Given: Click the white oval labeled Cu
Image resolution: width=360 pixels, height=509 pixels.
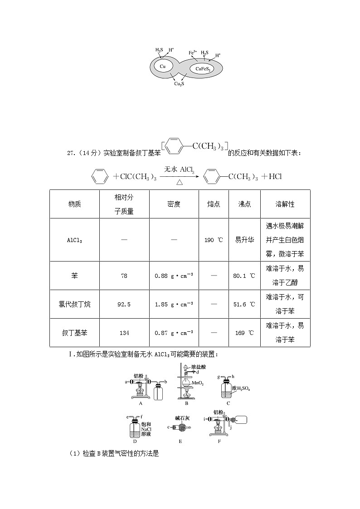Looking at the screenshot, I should tap(163, 66).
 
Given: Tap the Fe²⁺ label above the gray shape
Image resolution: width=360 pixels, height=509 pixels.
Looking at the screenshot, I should tap(193, 53).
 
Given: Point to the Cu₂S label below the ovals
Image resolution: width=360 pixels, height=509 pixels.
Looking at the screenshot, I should tap(179, 84).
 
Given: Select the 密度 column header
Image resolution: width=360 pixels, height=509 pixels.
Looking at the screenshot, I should tap(174, 204).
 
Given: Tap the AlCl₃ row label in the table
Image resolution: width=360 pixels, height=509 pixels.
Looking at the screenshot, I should tap(74, 240).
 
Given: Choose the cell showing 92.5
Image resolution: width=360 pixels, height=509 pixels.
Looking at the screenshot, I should tap(124, 304).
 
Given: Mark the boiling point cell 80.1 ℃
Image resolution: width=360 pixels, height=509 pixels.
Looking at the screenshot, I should tap(244, 275).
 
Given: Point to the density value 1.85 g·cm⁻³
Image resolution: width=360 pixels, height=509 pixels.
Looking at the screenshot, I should tap(174, 304).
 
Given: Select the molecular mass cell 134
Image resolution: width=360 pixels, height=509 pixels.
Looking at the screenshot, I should tap(124, 333).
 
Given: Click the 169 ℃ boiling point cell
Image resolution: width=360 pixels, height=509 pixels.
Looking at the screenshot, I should tap(244, 333).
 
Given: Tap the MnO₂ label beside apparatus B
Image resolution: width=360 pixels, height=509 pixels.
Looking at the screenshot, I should tap(198, 383).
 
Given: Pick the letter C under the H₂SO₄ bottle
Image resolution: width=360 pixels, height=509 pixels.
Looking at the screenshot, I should tap(228, 403).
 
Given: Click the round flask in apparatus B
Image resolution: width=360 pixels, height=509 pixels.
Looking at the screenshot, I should tap(185, 382).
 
